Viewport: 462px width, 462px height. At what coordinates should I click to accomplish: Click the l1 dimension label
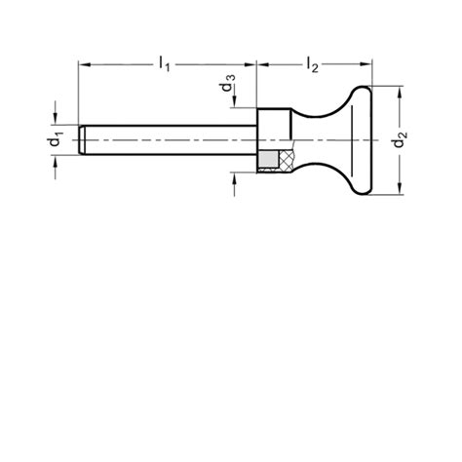pos(165,63)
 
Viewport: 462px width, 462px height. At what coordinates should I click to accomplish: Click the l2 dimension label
pos(313,64)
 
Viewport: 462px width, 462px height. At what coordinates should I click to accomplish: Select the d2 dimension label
pos(401,138)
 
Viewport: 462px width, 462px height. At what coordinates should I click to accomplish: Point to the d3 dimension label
pos(227,83)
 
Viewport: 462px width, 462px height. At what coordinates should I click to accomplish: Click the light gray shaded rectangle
pos(269,161)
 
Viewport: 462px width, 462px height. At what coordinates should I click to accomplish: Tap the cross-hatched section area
pos(287,160)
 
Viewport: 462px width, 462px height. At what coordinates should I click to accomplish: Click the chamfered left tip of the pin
pos(83,140)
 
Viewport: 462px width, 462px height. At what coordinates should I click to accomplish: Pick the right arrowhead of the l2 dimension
pos(366,65)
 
